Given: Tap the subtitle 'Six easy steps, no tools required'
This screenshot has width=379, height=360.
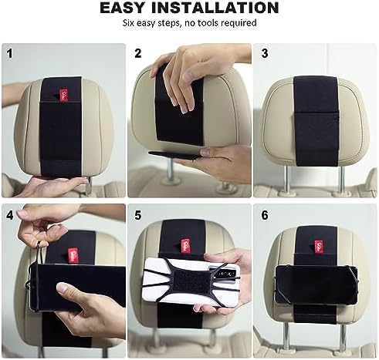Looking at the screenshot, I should click(189, 24).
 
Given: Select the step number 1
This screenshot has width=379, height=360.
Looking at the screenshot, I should click(10, 54).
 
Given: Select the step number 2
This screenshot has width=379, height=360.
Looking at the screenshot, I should click(139, 54).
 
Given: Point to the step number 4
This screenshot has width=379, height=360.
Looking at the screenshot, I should click(10, 214).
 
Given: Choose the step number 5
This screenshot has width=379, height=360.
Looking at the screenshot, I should click(139, 214).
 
